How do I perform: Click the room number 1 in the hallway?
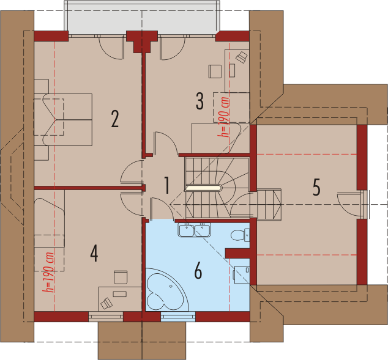pos(167,185)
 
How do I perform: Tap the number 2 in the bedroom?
pos(115,119)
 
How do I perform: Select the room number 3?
pos(200,101)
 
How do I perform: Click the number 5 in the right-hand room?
pos(316,187)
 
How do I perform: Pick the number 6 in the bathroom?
pos(198,271)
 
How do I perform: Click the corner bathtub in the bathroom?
pos(167,290)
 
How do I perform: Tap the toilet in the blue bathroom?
pos(240,235)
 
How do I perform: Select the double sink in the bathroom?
pos(194,230)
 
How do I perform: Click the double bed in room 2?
pos(63,120)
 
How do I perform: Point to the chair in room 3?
pos(215,72)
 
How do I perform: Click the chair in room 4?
pos(121,277)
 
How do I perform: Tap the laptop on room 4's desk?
pos(106,303)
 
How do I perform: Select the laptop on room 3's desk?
pos(242,57)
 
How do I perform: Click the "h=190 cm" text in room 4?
pos(48,272)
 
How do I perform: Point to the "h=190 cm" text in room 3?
pos(223,117)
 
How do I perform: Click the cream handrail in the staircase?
pos(203,188)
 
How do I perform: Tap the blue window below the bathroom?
pos(178,317)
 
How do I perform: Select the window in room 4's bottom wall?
pos(106,317)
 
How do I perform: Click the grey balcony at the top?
pos(142,18)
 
